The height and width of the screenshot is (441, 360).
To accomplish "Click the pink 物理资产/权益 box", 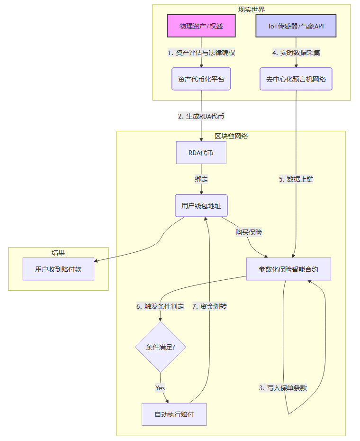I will (201, 26).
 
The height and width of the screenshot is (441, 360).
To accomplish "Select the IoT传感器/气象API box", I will (296, 26).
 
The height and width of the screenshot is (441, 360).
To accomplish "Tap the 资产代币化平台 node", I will (201, 79).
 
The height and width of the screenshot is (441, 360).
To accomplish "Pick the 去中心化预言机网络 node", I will (296, 79).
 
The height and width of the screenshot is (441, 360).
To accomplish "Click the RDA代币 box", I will (201, 153).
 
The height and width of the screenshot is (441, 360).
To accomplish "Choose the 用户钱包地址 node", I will (201, 206).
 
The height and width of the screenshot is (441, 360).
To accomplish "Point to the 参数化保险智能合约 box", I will (288, 269).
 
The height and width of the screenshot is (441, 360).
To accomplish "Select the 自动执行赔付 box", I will (174, 414).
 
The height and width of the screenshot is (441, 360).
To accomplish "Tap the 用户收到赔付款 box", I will (58, 269).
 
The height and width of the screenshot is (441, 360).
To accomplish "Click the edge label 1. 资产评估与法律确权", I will (201, 53).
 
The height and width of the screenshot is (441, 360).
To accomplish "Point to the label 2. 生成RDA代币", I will (201, 116).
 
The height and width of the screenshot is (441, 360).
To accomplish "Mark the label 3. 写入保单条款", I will (283, 387).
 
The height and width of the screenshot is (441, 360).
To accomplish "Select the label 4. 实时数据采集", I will (296, 53).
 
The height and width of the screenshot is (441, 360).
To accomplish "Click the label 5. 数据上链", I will (296, 179).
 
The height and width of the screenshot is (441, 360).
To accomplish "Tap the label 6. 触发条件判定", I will (160, 306).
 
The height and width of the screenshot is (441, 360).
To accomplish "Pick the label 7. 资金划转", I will (209, 306).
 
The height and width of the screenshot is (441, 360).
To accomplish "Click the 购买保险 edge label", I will (249, 232).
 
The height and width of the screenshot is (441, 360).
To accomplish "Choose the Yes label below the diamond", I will (160, 387).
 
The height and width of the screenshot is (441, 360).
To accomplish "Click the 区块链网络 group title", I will (231, 136).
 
